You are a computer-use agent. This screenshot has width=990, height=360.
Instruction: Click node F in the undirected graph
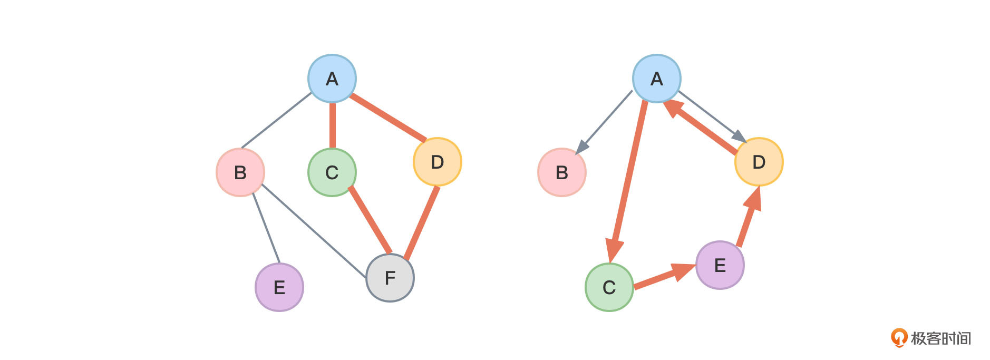pyautogui.click(x=390, y=278)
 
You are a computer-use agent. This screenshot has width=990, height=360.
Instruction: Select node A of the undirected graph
pyautogui.click(x=332, y=79)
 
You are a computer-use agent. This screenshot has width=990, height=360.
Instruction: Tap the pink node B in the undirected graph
pyautogui.click(x=240, y=172)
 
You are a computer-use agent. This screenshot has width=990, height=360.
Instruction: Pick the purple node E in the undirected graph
pyautogui.click(x=279, y=287)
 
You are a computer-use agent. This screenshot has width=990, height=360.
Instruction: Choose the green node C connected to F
pyautogui.click(x=332, y=172)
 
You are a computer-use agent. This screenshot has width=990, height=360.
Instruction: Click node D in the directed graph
pyautogui.click(x=759, y=162)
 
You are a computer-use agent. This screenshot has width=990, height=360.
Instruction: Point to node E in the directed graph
pyautogui.click(x=720, y=265)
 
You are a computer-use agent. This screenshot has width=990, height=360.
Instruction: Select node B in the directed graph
pyautogui.click(x=561, y=172)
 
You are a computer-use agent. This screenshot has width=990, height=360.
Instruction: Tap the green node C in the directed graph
pyautogui.click(x=609, y=287)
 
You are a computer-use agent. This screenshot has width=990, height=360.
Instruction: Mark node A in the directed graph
pyautogui.click(x=656, y=79)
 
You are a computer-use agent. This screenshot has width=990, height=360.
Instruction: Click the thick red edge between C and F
pyautogui.click(x=370, y=220)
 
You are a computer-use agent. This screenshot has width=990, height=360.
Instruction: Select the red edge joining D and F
pyautogui.click(x=421, y=223)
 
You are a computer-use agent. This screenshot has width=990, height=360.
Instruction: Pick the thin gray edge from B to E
pyautogui.click(x=266, y=228)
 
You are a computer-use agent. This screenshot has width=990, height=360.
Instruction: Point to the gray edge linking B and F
pyautogui.click(x=314, y=230)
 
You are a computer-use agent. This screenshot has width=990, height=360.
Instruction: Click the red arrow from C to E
pyautogui.click(x=662, y=277)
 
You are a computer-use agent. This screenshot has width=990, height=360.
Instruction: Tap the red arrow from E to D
pyautogui.click(x=747, y=220)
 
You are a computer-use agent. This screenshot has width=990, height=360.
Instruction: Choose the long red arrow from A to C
pyautogui.click(x=628, y=179)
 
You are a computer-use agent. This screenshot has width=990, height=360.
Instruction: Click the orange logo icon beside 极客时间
pyautogui.click(x=898, y=337)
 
